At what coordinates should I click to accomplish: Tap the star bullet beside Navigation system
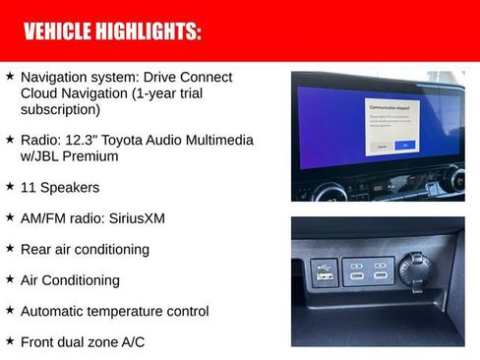pos(9,76)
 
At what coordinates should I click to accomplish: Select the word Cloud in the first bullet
pos(41,93)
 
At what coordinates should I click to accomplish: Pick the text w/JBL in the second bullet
pos(43,155)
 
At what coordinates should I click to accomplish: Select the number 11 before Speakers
pos(29,186)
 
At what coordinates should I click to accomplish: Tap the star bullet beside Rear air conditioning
pos(9,249)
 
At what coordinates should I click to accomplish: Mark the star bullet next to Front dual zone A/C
pos(9,341)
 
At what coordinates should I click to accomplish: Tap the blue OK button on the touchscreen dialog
pos(403,145)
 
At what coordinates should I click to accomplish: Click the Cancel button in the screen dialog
pos(380,145)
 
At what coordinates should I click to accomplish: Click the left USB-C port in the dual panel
pos(356,270)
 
